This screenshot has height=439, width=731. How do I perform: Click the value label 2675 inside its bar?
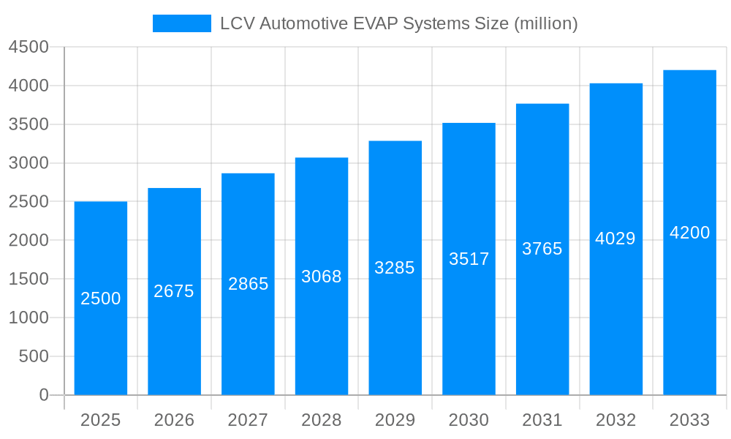[x=174, y=291]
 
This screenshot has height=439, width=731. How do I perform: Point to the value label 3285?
[x=395, y=268]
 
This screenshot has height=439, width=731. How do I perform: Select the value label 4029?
[x=616, y=239]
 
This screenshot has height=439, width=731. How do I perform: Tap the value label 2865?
[x=248, y=284]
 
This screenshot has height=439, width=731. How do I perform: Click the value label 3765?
[x=542, y=249]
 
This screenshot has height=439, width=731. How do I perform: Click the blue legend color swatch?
[x=182, y=23]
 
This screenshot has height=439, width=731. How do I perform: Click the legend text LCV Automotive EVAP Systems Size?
[x=399, y=23]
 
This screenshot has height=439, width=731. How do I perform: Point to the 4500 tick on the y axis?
[x=29, y=48]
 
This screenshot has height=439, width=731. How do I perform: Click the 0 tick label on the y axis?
[x=43, y=395]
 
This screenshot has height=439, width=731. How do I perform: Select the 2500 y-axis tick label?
[x=29, y=202]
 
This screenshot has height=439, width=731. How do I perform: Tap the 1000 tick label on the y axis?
[x=29, y=318]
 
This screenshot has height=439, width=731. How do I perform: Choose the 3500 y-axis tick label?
[x=29, y=124]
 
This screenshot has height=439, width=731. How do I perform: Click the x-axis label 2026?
[x=174, y=420]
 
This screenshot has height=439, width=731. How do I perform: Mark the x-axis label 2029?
[x=395, y=420]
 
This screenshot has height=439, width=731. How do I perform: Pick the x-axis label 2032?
[x=616, y=420]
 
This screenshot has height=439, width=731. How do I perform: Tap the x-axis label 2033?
[x=689, y=420]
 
